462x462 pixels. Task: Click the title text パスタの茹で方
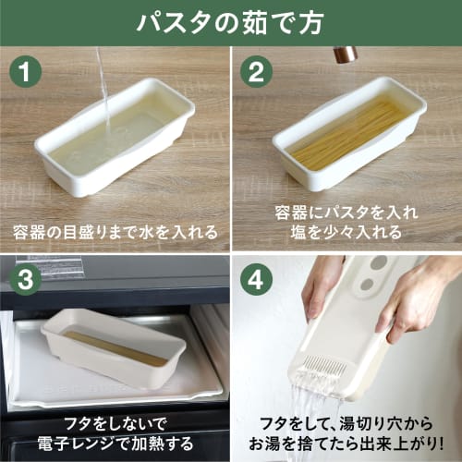[x=231, y=22]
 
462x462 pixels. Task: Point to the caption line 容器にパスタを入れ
[x=346, y=212]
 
